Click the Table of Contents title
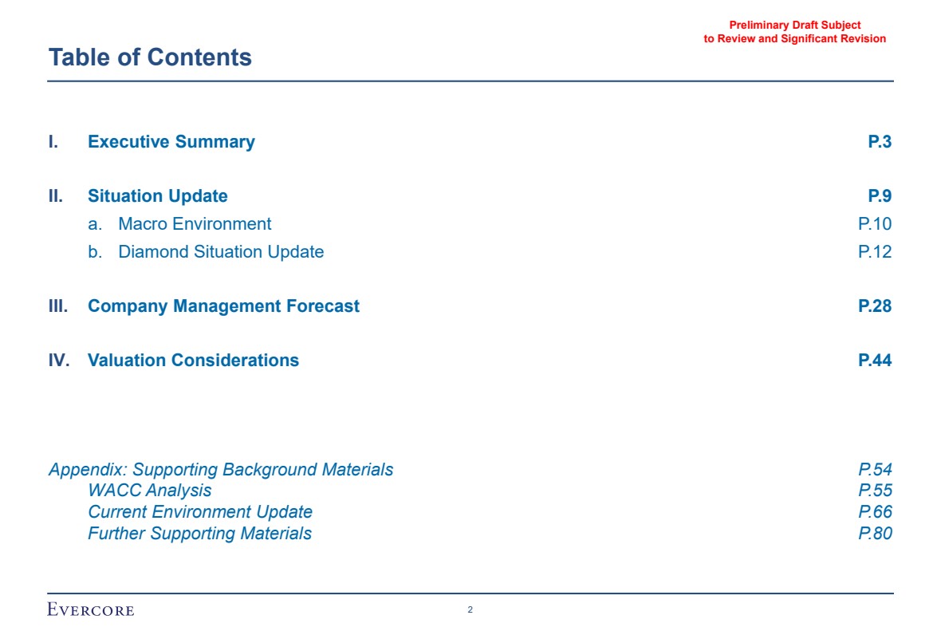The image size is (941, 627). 150,57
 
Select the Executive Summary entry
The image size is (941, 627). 171,142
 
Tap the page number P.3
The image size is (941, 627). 880,142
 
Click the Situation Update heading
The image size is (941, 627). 158,195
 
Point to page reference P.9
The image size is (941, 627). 880,195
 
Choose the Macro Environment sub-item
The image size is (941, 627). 195,223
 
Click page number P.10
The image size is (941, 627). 875,223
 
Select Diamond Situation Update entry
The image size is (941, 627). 221,251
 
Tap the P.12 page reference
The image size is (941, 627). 875,251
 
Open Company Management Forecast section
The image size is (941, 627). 223,306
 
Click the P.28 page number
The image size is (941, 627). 875,306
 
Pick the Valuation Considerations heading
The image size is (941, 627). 193,361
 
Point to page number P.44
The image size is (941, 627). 875,361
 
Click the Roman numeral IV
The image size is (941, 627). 59,361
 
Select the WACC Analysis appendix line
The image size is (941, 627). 149,491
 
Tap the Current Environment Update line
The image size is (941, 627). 200,511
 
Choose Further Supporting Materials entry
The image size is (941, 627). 199,534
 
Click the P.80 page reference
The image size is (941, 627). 875,534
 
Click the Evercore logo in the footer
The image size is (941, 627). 91,609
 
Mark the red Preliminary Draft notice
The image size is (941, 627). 794,32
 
